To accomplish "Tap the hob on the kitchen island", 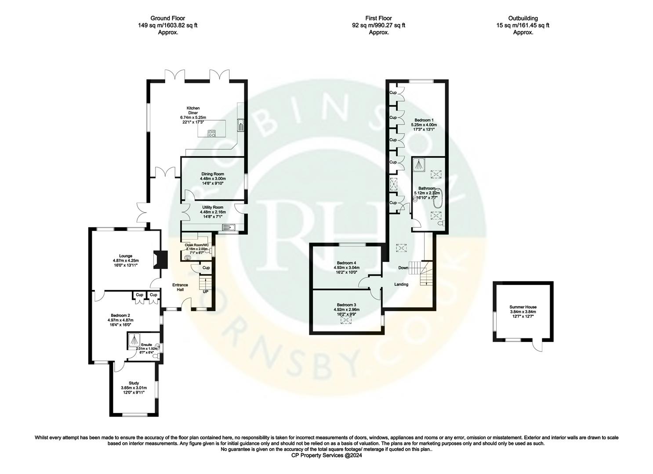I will point(211,134).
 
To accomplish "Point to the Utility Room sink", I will point(229,227).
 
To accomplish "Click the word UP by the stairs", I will point(205,291).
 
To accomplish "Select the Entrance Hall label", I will point(180,287).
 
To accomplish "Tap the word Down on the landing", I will point(403,268).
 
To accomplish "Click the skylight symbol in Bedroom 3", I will point(347,321).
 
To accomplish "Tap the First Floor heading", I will point(378,18).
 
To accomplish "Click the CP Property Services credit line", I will point(326,456).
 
